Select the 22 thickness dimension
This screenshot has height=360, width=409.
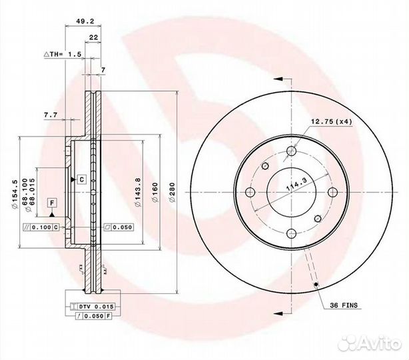tap(95, 37)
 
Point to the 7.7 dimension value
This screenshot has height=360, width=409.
tap(50, 115)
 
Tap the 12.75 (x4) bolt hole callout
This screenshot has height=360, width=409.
tap(332, 121)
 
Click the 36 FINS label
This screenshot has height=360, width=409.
tap(343, 305)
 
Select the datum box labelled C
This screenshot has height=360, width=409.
tap(81, 179)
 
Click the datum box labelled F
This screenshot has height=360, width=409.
tap(51, 202)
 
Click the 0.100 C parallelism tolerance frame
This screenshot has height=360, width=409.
tap(42, 227)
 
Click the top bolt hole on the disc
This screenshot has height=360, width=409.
tap(291, 151)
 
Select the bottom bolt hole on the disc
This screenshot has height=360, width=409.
tap(291, 234)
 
